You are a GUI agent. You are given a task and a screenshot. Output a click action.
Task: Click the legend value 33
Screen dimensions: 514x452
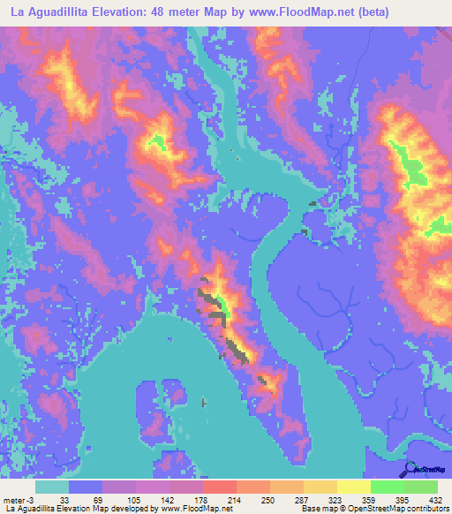click(64, 500)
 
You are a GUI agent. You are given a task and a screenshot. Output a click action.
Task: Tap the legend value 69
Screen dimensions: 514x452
click(97, 500)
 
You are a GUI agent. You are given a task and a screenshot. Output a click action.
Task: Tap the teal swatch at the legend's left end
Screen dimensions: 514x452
click(52, 487)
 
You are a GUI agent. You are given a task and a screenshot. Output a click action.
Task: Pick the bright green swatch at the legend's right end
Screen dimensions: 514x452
click(421, 487)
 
